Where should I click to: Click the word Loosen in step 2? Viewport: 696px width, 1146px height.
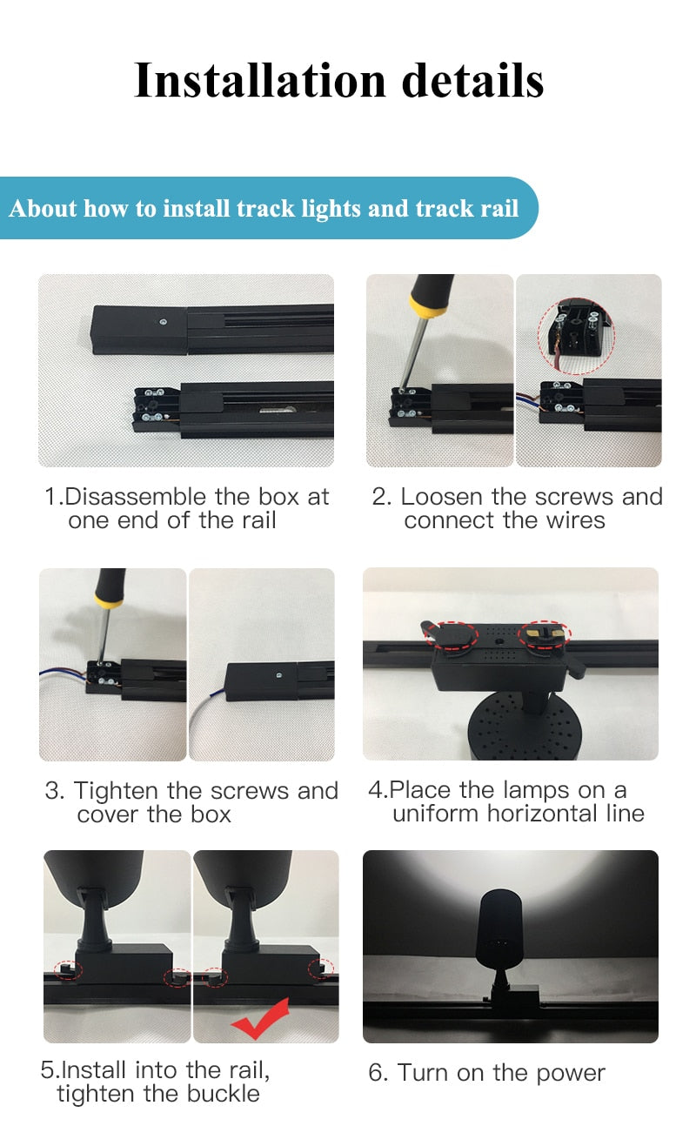pos(440,497)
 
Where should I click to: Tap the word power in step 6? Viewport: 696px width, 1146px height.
pos(570,1073)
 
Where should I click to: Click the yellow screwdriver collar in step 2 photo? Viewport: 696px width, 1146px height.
pos(429,305)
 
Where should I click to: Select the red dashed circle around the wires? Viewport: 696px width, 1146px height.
pos(576,337)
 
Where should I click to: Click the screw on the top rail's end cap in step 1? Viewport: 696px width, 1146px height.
pos(163,321)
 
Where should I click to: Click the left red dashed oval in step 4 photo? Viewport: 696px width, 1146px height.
pos(451,633)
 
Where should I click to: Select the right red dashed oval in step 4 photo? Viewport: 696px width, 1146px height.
pos(544,634)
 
